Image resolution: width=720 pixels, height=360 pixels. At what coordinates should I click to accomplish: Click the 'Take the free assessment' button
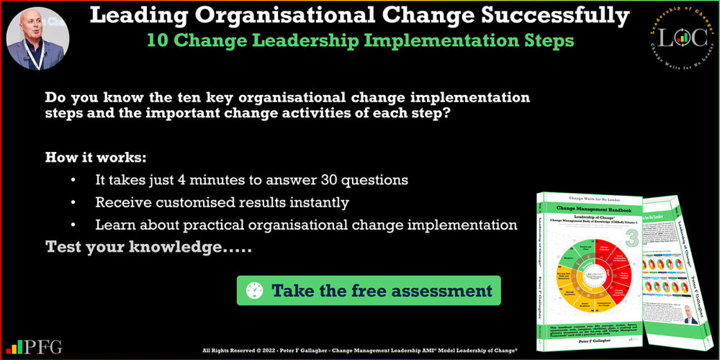369,291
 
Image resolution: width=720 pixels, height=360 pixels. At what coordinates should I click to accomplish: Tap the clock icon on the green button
255,291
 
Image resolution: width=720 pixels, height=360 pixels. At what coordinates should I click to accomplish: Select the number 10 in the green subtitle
158,40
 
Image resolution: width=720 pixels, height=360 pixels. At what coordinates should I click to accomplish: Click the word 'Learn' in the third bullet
114,225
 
